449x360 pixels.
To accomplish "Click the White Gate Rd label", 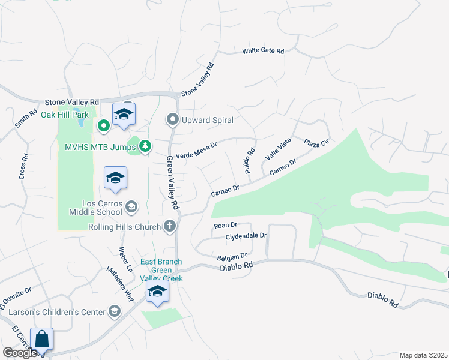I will pos(263,52).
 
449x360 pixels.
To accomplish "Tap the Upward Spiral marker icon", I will pos(173,120).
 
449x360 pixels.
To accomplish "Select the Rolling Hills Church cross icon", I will pos(170,226).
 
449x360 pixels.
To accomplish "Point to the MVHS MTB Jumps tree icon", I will pos(145,146).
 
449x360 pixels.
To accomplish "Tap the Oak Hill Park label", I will pos(64,114).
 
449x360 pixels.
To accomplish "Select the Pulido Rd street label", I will pos(249,161).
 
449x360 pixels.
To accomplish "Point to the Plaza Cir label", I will pos(316,143).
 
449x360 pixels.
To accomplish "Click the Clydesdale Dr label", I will pos(246,236).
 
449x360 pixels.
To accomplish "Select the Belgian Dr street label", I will pos(232,256).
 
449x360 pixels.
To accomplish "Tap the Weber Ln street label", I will pos(124,257).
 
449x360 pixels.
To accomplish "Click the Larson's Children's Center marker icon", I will pos(115,311).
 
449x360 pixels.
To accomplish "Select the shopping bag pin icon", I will pos(42,339).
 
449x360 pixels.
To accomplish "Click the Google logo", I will pos(20,353).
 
